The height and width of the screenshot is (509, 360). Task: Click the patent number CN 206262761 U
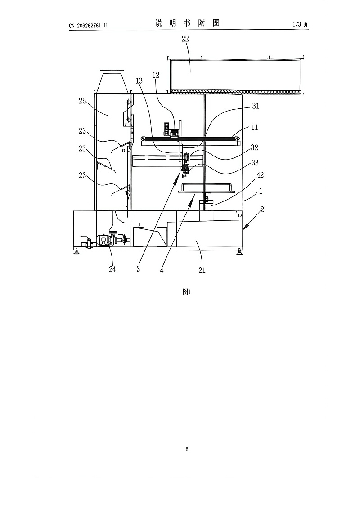click(x=87, y=25)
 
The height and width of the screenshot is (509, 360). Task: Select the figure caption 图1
click(x=187, y=291)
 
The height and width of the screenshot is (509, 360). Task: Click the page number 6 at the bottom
click(x=187, y=449)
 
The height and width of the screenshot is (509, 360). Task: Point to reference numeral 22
click(x=185, y=39)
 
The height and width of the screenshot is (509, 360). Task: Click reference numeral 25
click(x=82, y=101)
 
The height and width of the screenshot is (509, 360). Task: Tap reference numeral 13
click(x=139, y=81)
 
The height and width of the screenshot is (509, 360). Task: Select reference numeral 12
click(x=156, y=75)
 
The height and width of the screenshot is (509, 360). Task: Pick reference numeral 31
click(x=256, y=106)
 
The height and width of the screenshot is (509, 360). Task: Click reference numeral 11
click(x=255, y=127)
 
